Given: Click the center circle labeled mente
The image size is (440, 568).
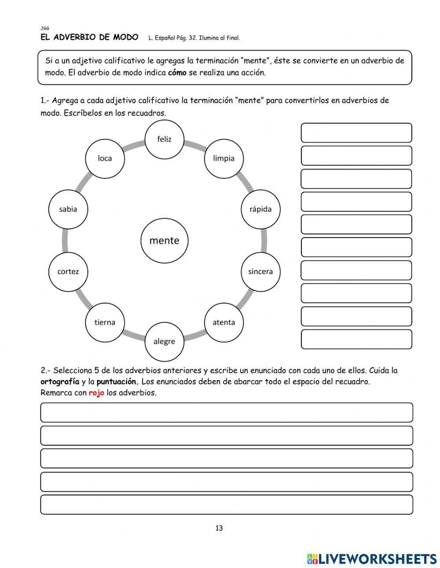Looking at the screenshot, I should pyautogui.click(x=165, y=240).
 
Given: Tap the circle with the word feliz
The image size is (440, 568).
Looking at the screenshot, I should pyautogui.click(x=164, y=139).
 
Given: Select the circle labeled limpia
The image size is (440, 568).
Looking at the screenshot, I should pyautogui.click(x=224, y=158).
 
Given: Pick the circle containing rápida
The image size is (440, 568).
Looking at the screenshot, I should pyautogui.click(x=260, y=209).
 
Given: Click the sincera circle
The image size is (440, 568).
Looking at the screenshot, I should pyautogui.click(x=260, y=271).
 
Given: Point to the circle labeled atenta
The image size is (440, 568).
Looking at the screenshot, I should pyautogui.click(x=224, y=322).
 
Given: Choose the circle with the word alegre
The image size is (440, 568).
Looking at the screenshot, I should pyautogui.click(x=164, y=341).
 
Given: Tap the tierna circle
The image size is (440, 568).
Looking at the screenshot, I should pyautogui.click(x=105, y=322).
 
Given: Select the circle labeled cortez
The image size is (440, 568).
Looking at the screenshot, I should pyautogui.click(x=68, y=271).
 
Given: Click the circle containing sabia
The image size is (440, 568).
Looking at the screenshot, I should pyautogui.click(x=68, y=209).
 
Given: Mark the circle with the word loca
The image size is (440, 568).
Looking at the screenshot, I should pyautogui.click(x=105, y=158).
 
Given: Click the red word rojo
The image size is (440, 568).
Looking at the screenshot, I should pyautogui.click(x=96, y=393).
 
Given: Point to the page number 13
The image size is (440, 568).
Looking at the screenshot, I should pyautogui.click(x=219, y=528).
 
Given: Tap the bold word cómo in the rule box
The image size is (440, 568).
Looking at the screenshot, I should pyautogui.click(x=177, y=73).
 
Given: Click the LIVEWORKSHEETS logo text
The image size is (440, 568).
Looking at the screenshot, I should pyautogui.click(x=377, y=559).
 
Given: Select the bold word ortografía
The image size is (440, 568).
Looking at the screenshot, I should pyautogui.click(x=60, y=381).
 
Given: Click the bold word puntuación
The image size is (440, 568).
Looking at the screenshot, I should pyautogui.click(x=117, y=381).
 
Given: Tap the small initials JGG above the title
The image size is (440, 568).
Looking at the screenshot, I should pyautogui.click(x=44, y=29).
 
